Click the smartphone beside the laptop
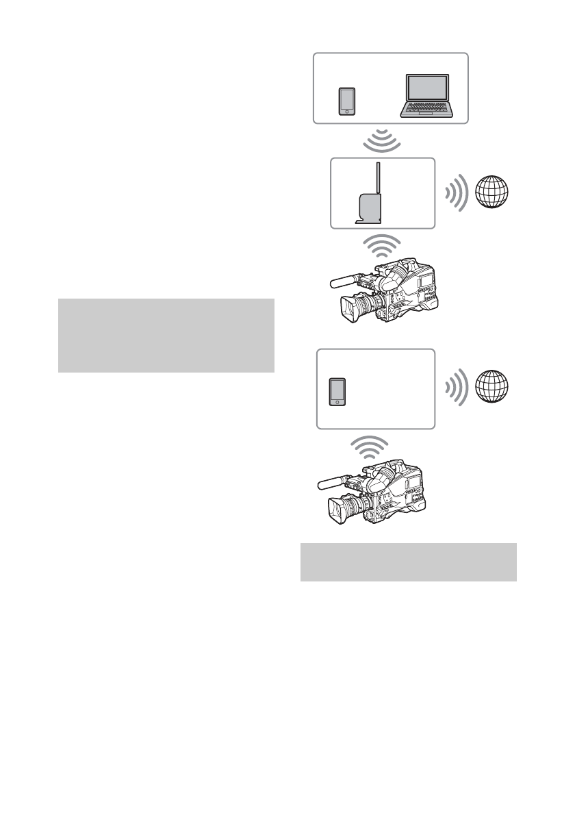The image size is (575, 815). [347, 100]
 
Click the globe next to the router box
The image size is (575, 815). [494, 193]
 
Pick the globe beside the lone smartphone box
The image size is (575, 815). [494, 388]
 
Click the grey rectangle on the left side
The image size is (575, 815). [166, 336]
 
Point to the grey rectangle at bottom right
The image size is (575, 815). [408, 562]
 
